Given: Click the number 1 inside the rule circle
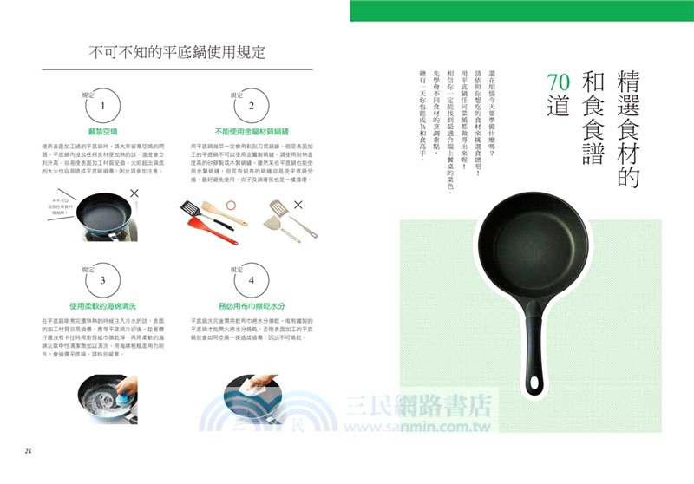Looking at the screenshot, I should [103, 105].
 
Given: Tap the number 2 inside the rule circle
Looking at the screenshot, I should [251, 105].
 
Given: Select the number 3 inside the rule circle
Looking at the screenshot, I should [103, 280].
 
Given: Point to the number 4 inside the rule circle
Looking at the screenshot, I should [251, 280].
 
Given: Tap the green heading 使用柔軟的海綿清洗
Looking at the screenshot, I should [103, 306].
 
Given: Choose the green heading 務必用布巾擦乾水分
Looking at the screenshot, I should [251, 306].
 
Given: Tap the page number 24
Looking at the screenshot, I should [28, 450].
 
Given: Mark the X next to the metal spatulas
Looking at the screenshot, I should [298, 205].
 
